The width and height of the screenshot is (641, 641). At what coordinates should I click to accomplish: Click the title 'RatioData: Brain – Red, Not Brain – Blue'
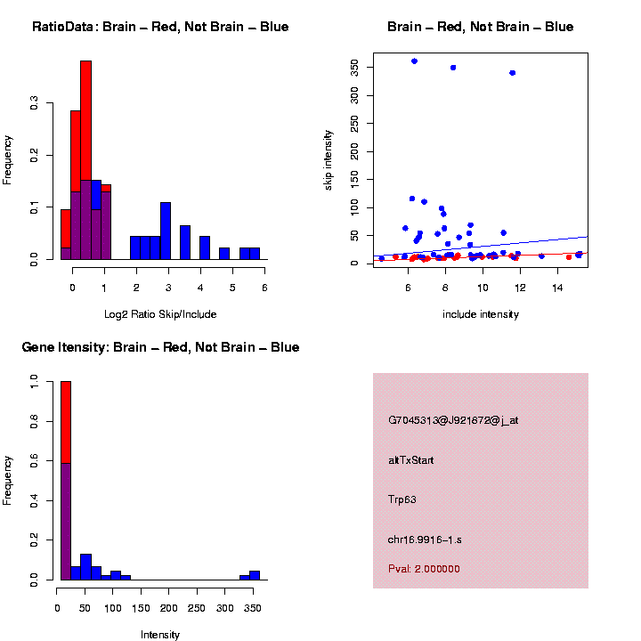click(160, 27)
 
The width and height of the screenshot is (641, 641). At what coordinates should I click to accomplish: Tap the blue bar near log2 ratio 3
click(166, 231)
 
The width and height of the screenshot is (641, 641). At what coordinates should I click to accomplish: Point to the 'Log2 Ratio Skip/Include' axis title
click(160, 313)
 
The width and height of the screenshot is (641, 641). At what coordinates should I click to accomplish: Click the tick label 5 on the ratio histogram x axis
click(232, 287)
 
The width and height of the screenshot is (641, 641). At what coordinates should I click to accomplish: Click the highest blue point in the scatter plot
click(414, 61)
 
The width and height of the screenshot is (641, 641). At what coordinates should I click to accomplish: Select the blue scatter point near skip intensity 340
click(512, 73)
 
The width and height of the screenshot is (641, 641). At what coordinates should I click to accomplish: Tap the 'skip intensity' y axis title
click(329, 158)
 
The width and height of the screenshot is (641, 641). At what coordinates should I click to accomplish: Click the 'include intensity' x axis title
click(481, 313)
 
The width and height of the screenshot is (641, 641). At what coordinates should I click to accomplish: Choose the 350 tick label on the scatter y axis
click(354, 67)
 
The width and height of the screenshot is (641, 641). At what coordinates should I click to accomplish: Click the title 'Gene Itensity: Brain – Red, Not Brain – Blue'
click(160, 347)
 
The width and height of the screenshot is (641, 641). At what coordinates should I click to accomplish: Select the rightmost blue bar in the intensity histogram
click(255, 575)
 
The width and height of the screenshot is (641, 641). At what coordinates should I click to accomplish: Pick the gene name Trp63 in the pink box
click(402, 499)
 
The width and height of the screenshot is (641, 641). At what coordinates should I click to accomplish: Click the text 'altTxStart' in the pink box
click(411, 460)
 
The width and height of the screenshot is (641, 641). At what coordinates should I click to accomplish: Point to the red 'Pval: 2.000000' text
click(425, 568)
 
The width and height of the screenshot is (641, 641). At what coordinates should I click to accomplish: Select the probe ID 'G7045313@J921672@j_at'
click(453, 420)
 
